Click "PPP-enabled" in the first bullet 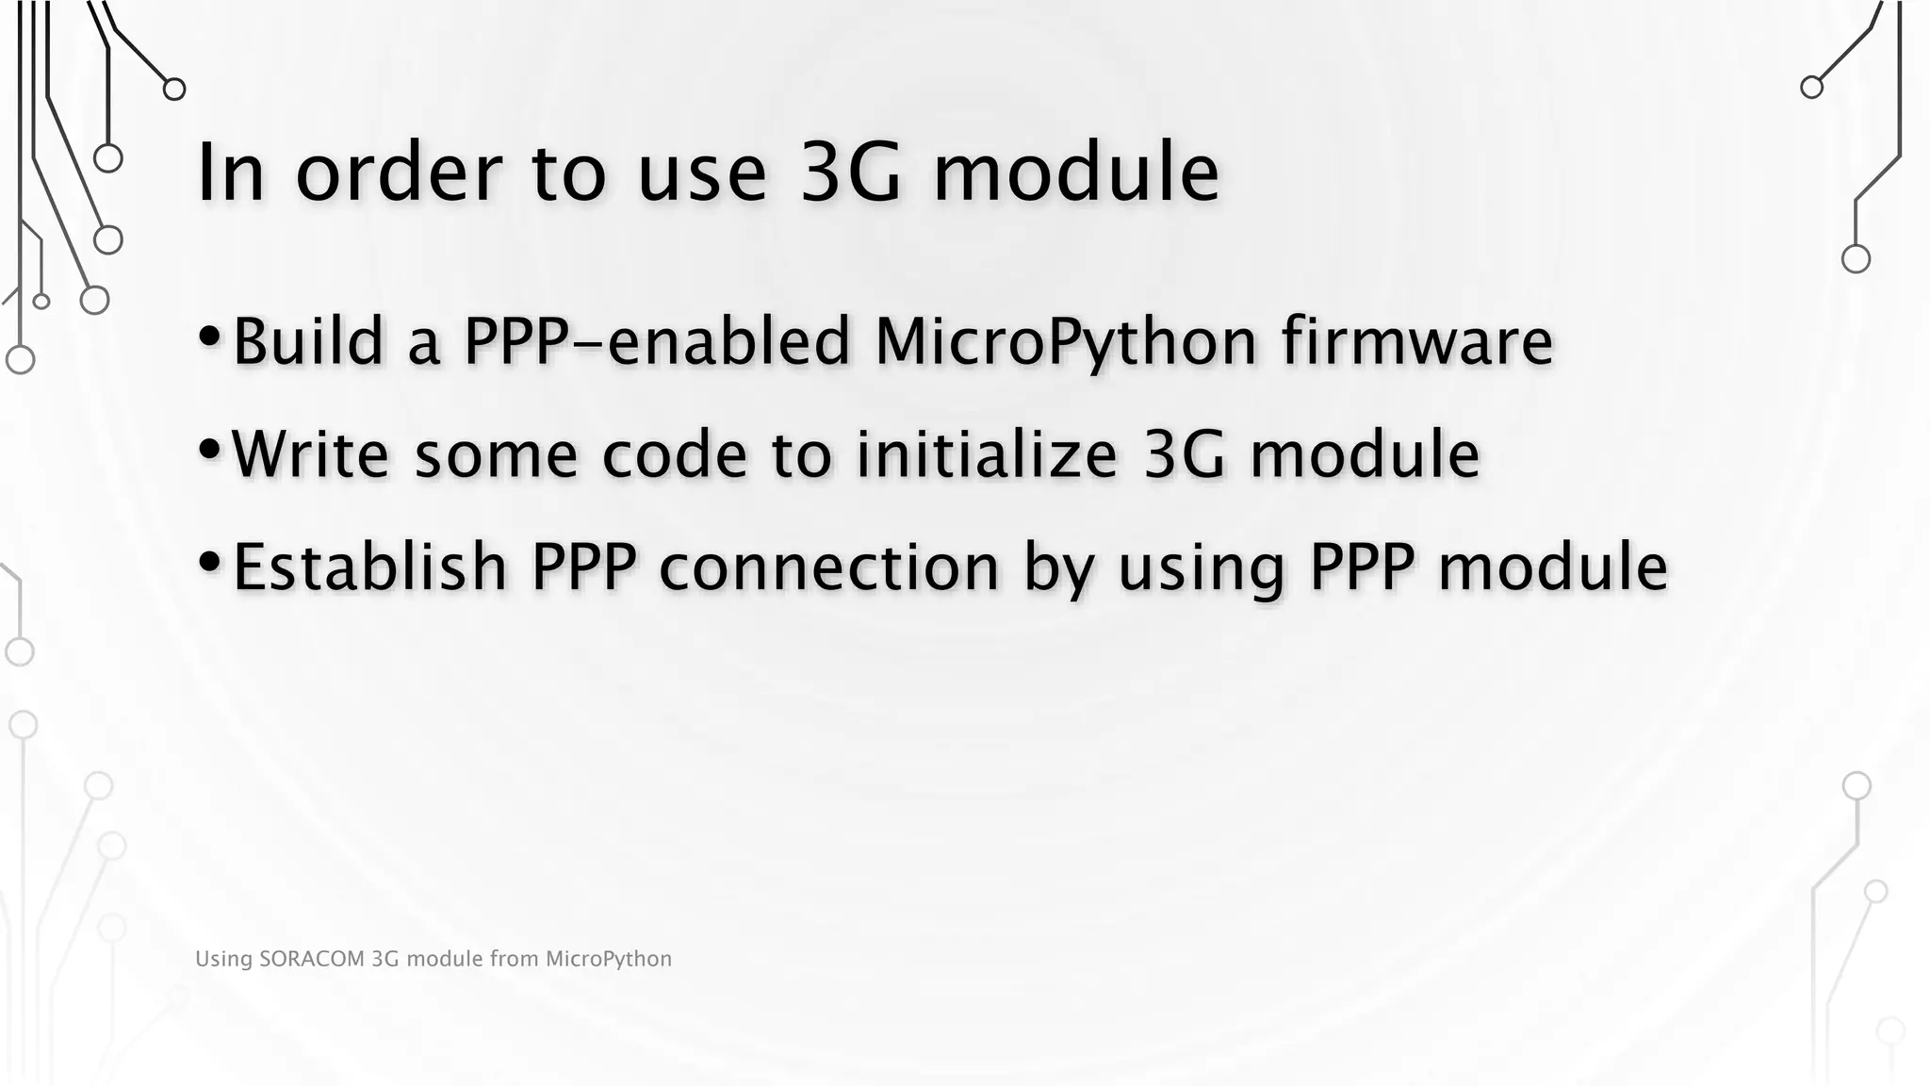(657, 342)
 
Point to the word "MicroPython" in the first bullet (1065, 342)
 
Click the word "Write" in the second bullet (310, 454)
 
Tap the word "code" (675, 454)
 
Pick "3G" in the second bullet (1185, 454)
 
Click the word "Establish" (369, 567)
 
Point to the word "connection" (828, 568)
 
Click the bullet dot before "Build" (210, 336)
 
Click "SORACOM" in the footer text (311, 959)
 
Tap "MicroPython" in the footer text (608, 960)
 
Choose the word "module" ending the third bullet (1553, 567)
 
